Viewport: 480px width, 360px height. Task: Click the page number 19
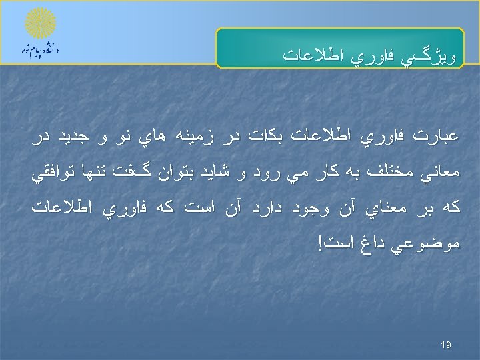(446, 345)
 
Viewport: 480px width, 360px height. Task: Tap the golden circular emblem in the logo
(41, 23)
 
